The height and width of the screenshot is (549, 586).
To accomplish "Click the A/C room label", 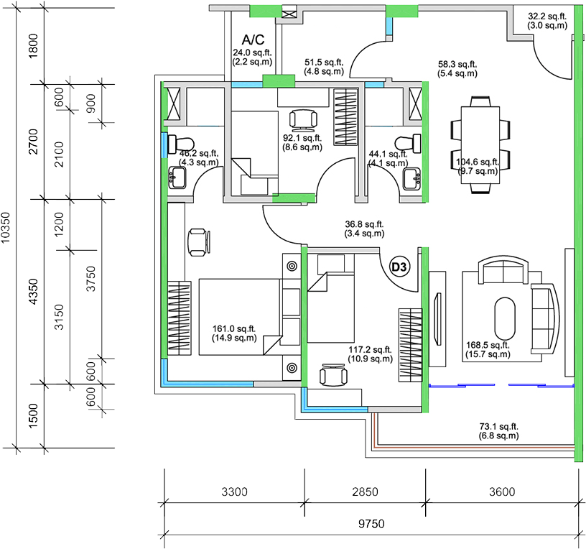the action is (x=253, y=40).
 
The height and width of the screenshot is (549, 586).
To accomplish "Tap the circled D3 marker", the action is (x=399, y=267).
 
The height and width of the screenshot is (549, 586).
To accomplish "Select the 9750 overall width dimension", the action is (x=371, y=524).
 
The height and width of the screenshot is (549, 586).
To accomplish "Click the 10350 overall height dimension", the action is (x=6, y=227).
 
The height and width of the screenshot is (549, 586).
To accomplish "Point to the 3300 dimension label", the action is (x=234, y=492).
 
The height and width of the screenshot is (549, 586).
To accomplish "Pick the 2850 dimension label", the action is (x=365, y=492).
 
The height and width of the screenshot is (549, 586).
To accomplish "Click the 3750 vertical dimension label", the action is (x=90, y=279).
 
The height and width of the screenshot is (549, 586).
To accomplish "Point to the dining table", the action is (x=480, y=145).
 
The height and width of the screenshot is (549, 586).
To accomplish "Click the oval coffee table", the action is (x=505, y=318).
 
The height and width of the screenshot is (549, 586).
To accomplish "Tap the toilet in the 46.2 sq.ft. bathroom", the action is (x=181, y=144).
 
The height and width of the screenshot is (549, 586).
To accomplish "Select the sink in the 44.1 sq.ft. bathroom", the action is (x=411, y=179).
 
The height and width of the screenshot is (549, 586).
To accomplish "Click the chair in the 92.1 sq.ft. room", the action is (x=303, y=119).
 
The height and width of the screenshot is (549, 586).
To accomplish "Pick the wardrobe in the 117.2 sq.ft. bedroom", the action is (x=410, y=345).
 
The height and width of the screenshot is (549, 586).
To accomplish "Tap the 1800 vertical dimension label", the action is (x=33, y=45).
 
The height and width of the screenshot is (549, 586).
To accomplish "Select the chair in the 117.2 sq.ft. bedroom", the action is (x=333, y=374).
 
